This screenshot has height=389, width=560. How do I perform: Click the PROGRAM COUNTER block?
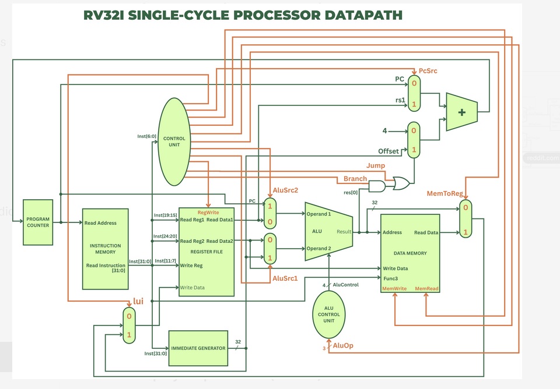(38, 222)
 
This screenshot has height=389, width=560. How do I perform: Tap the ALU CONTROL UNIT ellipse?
(328, 314)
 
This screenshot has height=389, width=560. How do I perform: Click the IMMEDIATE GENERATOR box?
(198, 348)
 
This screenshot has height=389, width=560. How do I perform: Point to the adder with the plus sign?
(462, 112)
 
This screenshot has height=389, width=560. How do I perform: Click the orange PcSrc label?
(428, 70)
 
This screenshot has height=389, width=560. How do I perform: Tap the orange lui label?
(138, 302)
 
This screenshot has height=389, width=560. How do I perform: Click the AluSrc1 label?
(285, 278)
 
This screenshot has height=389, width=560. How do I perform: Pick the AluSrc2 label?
(285, 190)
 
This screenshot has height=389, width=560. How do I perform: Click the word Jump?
(375, 166)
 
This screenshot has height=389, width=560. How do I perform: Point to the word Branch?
(355, 179)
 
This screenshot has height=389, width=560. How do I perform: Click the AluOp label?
(342, 346)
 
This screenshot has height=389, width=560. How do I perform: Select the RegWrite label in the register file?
(208, 213)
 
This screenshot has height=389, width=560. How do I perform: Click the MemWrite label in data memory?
(394, 288)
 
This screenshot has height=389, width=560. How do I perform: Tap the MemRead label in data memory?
(426, 288)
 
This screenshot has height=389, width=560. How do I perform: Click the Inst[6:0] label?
(146, 136)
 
